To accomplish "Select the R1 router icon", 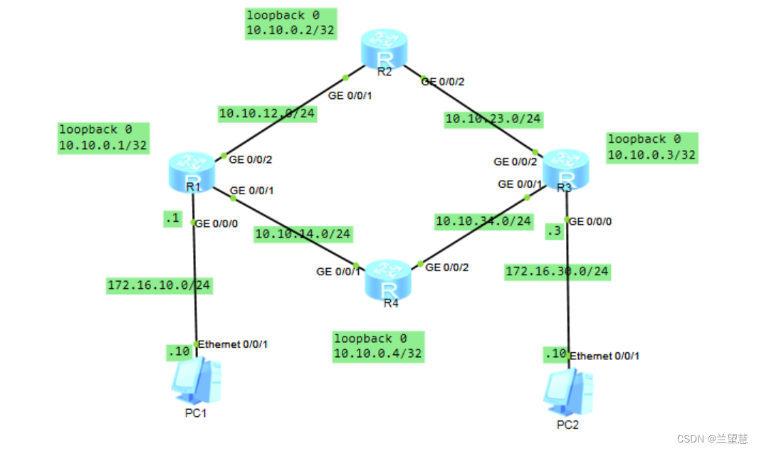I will (192, 169).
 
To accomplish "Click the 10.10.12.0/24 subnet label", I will (267, 113).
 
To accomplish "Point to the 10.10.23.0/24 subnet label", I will (493, 119).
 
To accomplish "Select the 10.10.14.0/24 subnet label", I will (303, 233).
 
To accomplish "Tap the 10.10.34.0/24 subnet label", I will (484, 221).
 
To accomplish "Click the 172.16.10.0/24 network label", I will (159, 286).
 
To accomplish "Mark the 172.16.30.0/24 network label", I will (558, 271).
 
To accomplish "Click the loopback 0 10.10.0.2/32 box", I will (290, 23).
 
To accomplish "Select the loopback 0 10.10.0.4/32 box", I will (379, 346).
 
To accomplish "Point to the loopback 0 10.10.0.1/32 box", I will (103, 138).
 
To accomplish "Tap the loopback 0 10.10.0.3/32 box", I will (651, 147).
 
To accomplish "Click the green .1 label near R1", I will (172, 219).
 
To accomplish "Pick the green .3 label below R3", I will (554, 231).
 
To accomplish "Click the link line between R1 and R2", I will (285, 116).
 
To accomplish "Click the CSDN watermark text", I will (711, 439).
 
